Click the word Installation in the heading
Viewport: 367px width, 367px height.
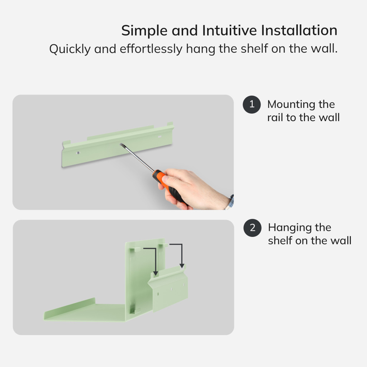tap(299, 30)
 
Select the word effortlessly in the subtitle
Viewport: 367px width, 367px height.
tap(151, 49)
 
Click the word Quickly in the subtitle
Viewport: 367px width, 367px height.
tap(70, 49)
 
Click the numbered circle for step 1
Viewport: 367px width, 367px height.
tap(252, 104)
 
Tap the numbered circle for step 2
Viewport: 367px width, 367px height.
tap(252, 228)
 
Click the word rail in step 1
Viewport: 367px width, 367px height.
tap(275, 118)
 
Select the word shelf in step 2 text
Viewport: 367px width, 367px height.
tap(280, 240)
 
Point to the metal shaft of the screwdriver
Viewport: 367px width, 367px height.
tap(138, 158)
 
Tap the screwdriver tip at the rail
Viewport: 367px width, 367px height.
tap(121, 145)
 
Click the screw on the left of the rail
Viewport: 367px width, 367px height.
tap(78, 153)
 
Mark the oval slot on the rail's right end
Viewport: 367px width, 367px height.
tap(160, 136)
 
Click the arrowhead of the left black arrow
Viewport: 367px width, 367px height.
tap(156, 273)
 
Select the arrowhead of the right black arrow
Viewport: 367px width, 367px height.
tap(182, 266)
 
